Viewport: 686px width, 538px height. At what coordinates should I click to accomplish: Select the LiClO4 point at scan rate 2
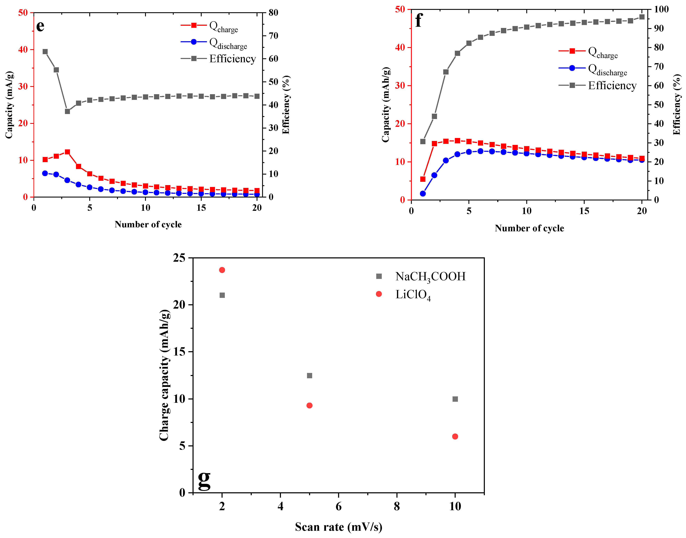click(x=222, y=270)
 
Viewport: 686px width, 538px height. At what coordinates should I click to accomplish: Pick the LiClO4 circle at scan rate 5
click(x=309, y=405)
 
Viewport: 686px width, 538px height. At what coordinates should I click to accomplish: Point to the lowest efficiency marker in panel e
click(x=67, y=111)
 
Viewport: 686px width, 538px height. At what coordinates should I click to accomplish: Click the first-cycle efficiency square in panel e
click(x=45, y=52)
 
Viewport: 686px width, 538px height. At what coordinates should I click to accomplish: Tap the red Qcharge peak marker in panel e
click(x=67, y=152)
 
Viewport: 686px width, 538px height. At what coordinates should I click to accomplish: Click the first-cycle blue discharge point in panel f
click(x=423, y=193)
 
